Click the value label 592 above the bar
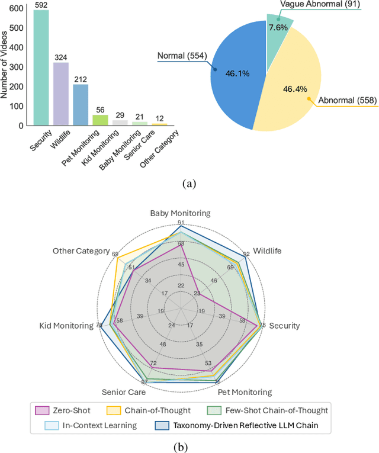[41, 5]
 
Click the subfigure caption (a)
[189, 184]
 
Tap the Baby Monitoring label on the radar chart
[180, 213]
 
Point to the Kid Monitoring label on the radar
[66, 326]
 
